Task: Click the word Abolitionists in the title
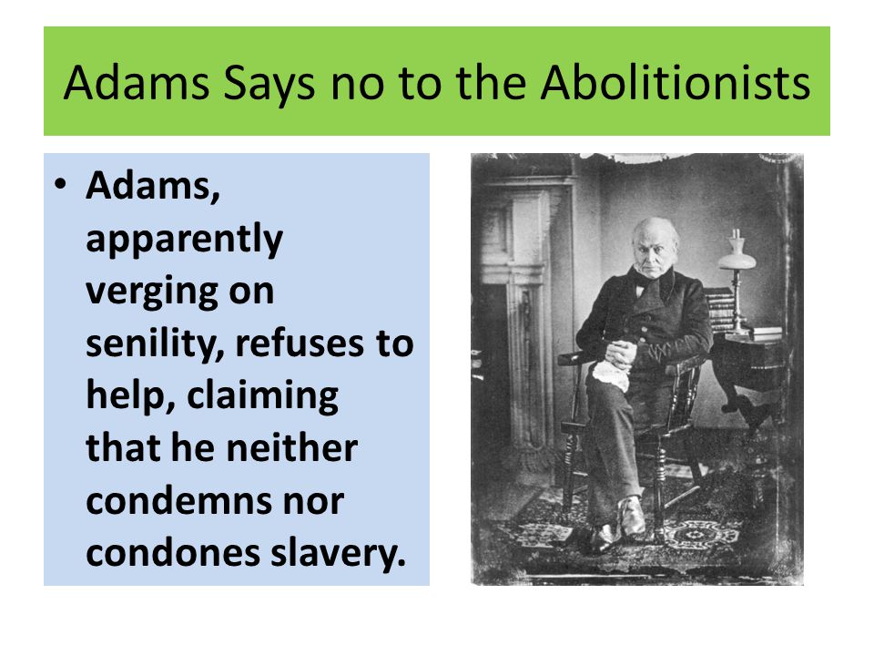point(676,83)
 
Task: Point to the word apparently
point(184,241)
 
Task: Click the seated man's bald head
point(655,232)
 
